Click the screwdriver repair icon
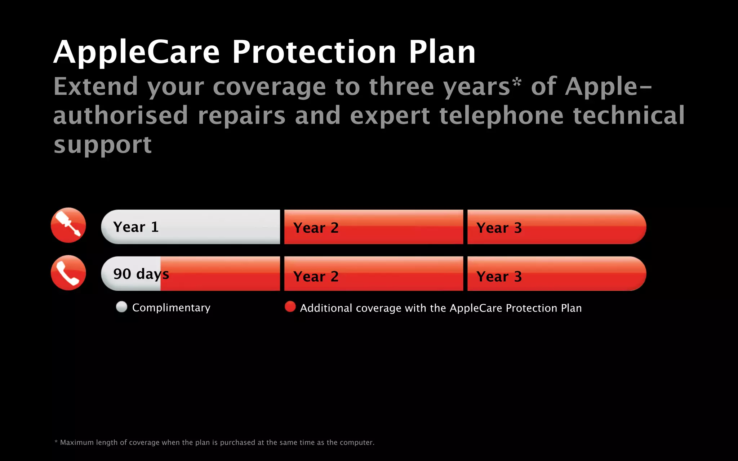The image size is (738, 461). (68, 225)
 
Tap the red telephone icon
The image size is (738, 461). (68, 273)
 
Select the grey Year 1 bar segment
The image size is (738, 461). (191, 227)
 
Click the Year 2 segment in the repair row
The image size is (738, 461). (373, 227)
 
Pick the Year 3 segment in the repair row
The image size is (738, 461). (556, 227)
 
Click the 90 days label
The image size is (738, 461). (141, 274)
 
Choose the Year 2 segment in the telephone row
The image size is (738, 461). (373, 274)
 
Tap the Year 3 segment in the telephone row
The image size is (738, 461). (556, 274)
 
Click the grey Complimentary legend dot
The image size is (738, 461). (122, 307)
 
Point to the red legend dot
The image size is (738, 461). (290, 307)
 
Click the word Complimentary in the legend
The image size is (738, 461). (171, 308)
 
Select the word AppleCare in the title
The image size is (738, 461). (137, 52)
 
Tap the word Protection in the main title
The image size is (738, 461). (314, 52)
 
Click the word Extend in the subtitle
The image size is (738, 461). (96, 87)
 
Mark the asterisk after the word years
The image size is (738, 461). (517, 82)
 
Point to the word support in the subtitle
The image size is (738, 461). (103, 145)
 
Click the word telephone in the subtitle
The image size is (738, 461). (501, 116)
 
